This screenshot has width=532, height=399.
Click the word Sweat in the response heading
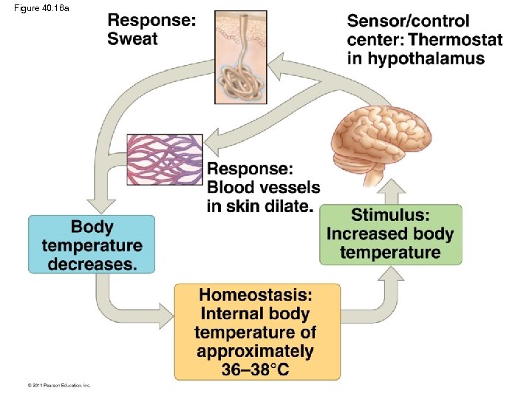[132, 39]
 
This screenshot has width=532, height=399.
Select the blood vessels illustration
[164, 160]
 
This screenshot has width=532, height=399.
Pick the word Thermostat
[454, 40]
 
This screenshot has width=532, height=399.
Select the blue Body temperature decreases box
[92, 245]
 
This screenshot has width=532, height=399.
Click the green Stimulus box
[390, 234]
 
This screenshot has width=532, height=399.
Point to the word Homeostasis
[256, 294]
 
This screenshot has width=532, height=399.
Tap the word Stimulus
[390, 216]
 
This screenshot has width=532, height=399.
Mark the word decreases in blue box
[92, 264]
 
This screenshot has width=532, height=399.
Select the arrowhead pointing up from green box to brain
[393, 192]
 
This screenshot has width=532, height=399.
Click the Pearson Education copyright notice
[59, 385]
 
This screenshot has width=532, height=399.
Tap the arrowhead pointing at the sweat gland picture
[277, 70]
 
